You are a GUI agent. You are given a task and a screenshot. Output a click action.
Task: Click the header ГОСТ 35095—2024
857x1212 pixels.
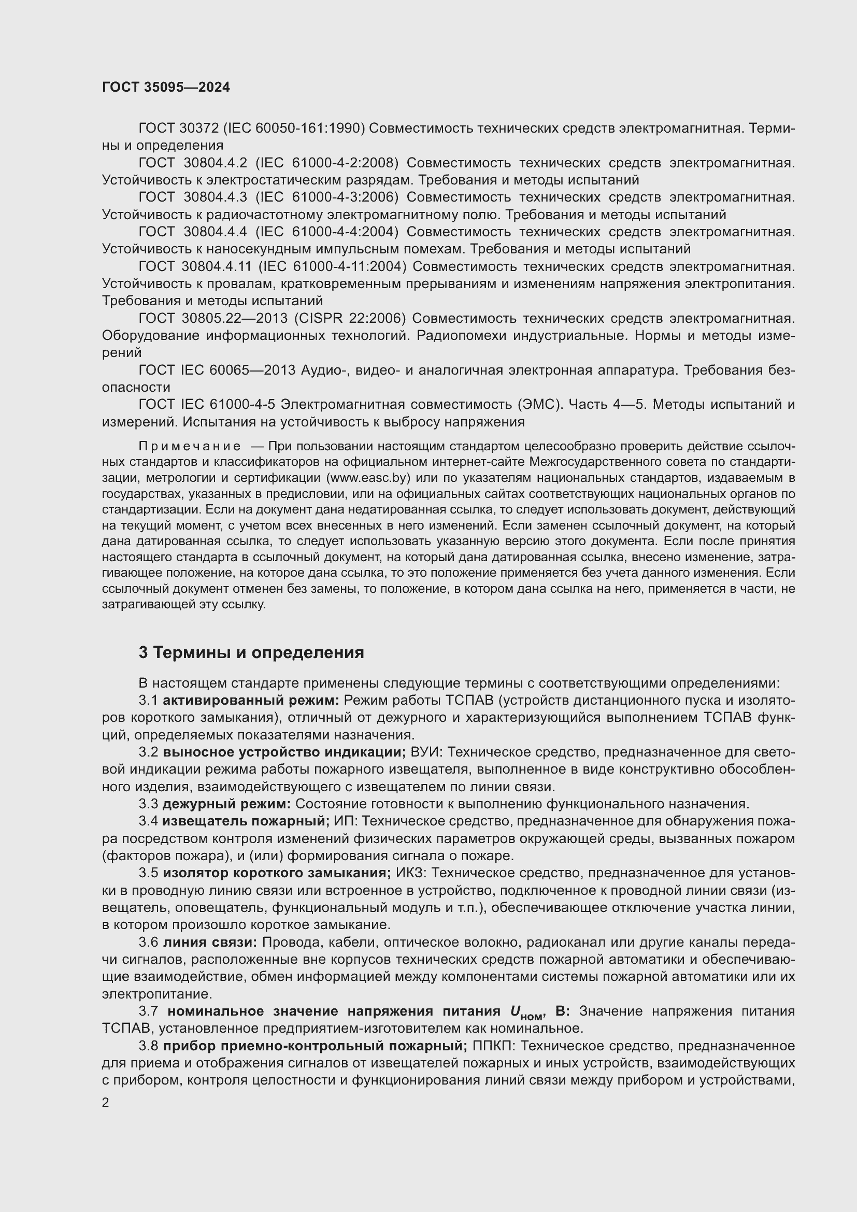click(x=166, y=88)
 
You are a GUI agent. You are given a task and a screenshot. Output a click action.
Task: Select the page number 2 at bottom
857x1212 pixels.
click(x=106, y=1102)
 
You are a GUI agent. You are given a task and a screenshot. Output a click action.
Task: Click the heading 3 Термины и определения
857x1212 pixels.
click(x=251, y=652)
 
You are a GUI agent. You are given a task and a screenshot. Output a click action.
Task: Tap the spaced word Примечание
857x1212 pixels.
click(x=190, y=447)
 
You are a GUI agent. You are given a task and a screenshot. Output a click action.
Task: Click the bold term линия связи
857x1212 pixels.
click(x=209, y=942)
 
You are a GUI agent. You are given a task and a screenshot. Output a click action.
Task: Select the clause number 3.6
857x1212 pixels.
click(x=148, y=942)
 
